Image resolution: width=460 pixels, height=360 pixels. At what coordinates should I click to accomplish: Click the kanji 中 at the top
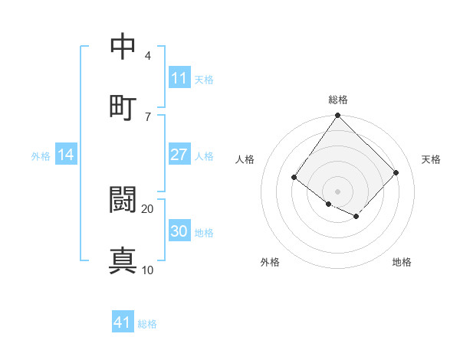point(123,47)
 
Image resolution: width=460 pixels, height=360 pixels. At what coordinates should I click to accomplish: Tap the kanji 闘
point(123,200)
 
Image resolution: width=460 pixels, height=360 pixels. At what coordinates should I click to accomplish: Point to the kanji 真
point(123,260)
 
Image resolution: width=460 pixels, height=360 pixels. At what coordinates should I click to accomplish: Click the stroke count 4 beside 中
point(148,56)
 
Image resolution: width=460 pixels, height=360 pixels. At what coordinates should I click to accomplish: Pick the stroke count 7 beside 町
point(148,116)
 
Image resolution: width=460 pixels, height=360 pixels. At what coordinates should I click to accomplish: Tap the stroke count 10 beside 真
point(148,270)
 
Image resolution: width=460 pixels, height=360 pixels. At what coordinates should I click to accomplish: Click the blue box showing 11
point(179,78)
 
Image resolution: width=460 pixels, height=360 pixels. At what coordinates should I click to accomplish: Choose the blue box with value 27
point(179,155)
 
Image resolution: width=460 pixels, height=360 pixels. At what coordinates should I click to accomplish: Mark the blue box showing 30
point(179,231)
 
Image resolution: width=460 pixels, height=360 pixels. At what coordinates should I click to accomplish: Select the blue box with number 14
point(67,155)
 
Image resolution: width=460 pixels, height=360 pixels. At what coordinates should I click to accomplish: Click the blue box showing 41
point(123,322)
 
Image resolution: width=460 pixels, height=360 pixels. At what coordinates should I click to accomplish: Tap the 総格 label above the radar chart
point(338,100)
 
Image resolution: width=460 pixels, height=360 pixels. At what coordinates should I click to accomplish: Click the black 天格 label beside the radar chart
point(431,159)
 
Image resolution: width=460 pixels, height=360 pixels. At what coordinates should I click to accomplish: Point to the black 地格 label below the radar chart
point(402,262)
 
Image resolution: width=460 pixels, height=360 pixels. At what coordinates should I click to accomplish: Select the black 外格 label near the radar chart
point(270,262)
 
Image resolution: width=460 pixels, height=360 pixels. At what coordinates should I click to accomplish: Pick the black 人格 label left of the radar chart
point(245,159)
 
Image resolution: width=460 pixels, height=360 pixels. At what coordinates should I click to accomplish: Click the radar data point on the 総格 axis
point(338,116)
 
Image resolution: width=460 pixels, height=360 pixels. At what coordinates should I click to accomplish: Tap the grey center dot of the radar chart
point(338,191)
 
